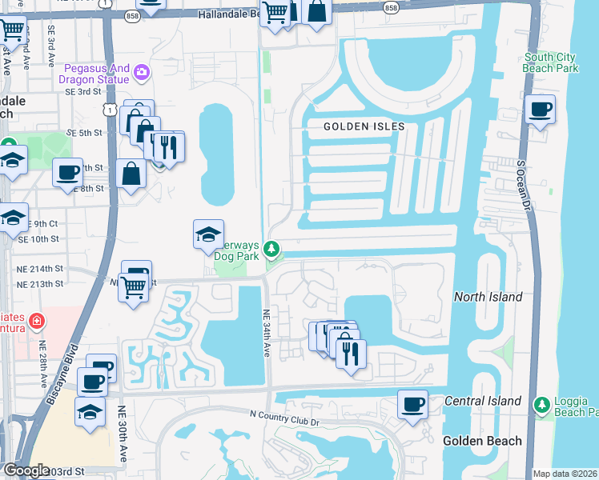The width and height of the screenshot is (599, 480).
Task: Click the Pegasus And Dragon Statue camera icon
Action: [x=142, y=73]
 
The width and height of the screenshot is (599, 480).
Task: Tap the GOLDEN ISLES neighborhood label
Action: [x=364, y=127]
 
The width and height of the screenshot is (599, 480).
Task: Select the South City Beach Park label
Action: [x=552, y=62]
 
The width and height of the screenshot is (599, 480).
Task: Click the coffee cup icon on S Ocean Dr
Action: [x=541, y=109]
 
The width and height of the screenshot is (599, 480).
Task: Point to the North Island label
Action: [x=488, y=297]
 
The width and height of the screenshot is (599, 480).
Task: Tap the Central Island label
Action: [x=483, y=401]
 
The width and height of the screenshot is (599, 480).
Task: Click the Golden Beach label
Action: [x=483, y=441]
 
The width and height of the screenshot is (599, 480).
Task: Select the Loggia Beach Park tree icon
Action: [x=541, y=405]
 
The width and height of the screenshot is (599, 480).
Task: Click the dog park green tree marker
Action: [x=272, y=251]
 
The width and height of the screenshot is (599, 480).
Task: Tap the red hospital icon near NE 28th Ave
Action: [x=36, y=322]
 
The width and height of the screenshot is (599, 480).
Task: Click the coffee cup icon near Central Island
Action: [x=413, y=404]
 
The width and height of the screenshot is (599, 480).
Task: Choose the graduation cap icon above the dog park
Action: [x=208, y=234]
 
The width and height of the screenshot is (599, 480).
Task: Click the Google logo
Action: [x=26, y=471]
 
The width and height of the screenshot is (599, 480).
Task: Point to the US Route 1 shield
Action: [x=111, y=106]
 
